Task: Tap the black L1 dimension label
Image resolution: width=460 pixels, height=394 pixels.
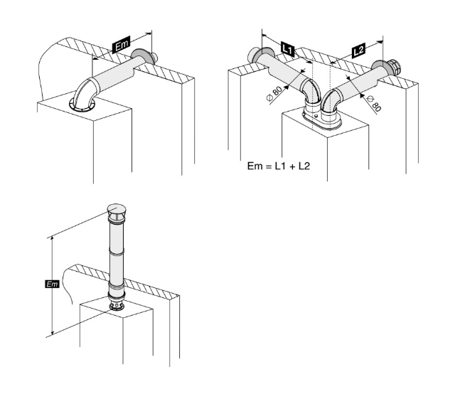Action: (288, 48)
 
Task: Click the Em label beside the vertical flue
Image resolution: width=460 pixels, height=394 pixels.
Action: (50, 284)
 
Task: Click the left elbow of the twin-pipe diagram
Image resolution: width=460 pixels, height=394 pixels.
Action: (311, 94)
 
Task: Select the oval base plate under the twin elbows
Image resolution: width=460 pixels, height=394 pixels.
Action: (323, 123)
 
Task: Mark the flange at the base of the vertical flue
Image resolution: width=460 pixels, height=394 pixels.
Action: (115, 308)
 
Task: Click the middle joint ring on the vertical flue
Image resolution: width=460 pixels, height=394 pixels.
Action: (115, 251)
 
